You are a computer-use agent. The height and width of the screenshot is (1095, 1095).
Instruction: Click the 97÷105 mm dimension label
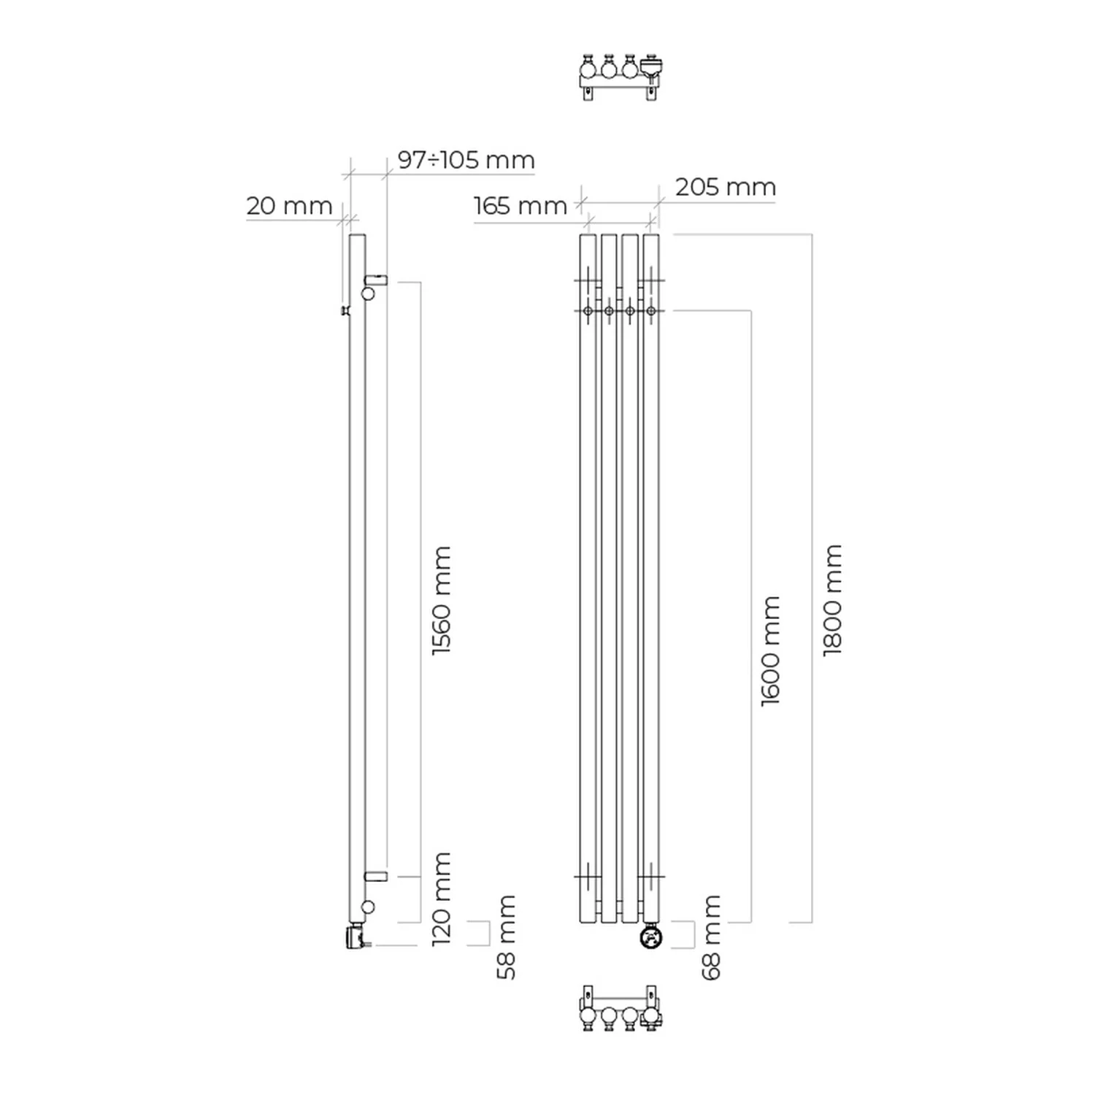tap(466, 160)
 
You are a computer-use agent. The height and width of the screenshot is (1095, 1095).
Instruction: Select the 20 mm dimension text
tap(289, 206)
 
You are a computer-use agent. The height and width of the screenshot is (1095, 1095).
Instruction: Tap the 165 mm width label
tap(520, 206)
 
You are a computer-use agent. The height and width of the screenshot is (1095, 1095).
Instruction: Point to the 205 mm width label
tap(725, 187)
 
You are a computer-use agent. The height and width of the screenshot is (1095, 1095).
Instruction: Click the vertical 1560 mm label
tap(442, 601)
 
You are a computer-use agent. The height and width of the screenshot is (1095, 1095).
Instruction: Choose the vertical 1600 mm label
tap(770, 651)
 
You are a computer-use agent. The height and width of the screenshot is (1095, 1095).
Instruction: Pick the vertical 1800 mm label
tap(832, 600)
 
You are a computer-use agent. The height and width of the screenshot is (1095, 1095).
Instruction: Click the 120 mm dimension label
tap(442, 899)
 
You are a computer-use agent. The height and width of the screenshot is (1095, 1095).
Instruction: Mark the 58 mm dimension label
tap(505, 937)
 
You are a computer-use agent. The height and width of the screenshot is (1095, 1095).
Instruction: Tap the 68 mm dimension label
tap(710, 937)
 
